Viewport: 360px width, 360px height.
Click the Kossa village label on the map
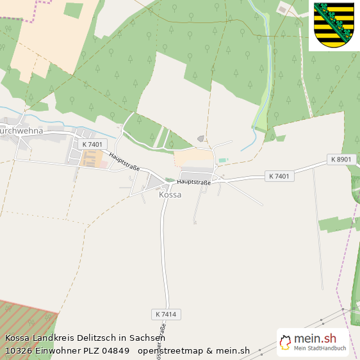[x=170, y=195]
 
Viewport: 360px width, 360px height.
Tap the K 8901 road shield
[x=340, y=159]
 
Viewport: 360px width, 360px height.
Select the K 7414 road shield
[x=166, y=314]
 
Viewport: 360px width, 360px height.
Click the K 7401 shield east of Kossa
[x=279, y=176]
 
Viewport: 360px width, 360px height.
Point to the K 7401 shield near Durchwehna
[x=92, y=145]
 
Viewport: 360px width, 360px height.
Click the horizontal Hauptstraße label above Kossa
[x=193, y=182]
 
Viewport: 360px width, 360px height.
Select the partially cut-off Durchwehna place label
[x=21, y=131]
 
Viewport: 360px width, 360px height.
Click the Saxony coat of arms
[x=334, y=26]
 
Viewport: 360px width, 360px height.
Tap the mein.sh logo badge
[x=313, y=342]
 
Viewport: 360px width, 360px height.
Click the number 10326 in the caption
[x=20, y=350]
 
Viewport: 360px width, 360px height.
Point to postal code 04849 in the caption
[x=115, y=350]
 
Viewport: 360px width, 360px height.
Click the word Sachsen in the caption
[x=149, y=338]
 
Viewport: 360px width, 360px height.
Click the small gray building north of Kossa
[x=201, y=138]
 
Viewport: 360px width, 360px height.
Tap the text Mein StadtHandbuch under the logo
[x=320, y=349]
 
